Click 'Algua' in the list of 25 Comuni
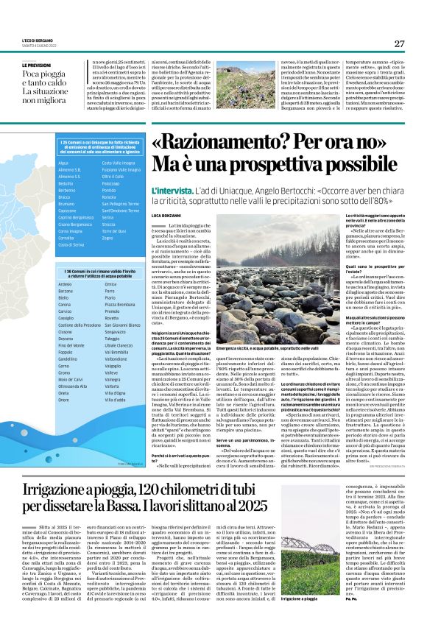(63, 163)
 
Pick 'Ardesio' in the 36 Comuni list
(65, 283)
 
